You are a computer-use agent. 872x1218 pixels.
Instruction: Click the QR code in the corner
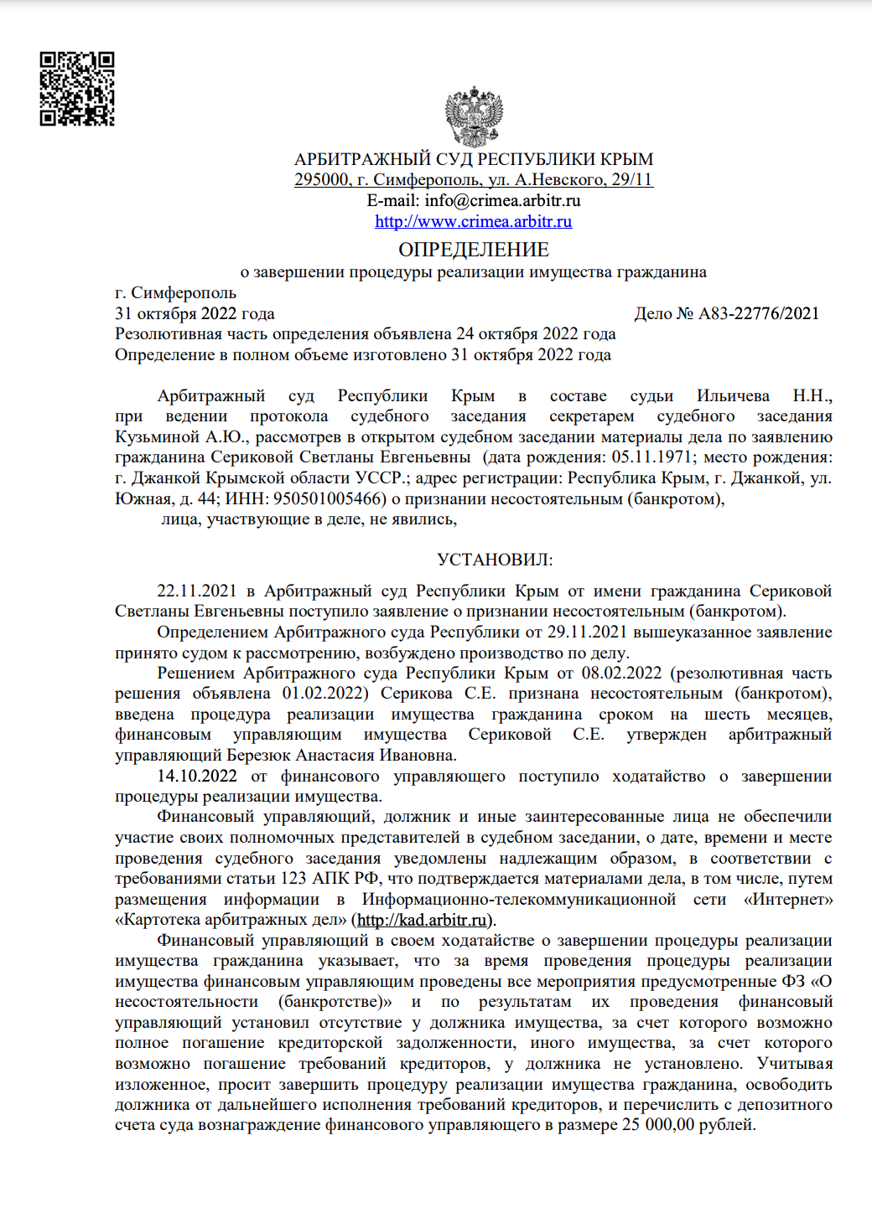coord(77,89)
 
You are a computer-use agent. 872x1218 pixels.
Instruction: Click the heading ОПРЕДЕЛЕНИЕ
coord(474,250)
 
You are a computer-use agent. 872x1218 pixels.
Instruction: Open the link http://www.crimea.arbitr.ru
coord(474,221)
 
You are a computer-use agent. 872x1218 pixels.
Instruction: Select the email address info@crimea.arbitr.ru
coord(502,200)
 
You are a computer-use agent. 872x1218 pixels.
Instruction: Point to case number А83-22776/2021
coord(759,313)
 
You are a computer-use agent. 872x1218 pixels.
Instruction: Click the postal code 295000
coord(321,179)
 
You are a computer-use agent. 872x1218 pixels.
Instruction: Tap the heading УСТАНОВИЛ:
coord(495,560)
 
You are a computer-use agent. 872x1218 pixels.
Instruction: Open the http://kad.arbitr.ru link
coord(422,920)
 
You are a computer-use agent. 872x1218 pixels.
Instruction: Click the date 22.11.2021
coord(196,591)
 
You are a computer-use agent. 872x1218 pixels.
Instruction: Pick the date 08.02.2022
coord(621,673)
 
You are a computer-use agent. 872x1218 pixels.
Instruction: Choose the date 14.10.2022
coord(196,776)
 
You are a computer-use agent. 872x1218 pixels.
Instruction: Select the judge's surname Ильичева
coord(732,395)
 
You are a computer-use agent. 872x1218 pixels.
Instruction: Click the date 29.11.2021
coord(587,632)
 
